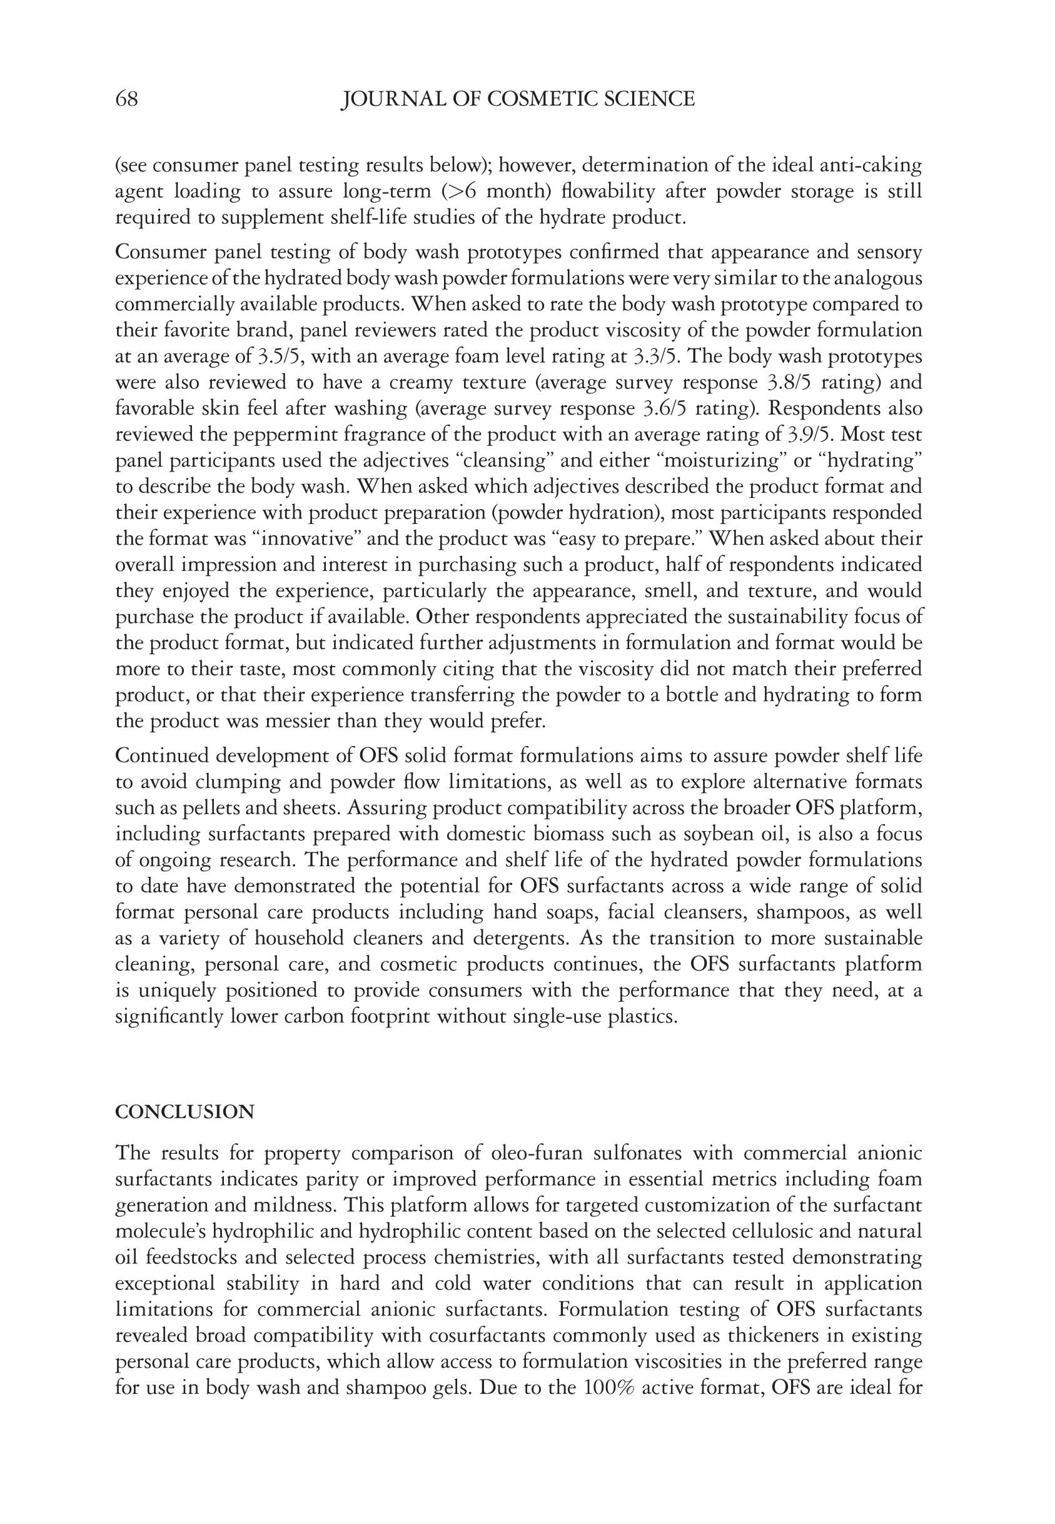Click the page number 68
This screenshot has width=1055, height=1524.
point(126,99)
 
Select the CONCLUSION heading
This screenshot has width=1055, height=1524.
point(184,1113)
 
